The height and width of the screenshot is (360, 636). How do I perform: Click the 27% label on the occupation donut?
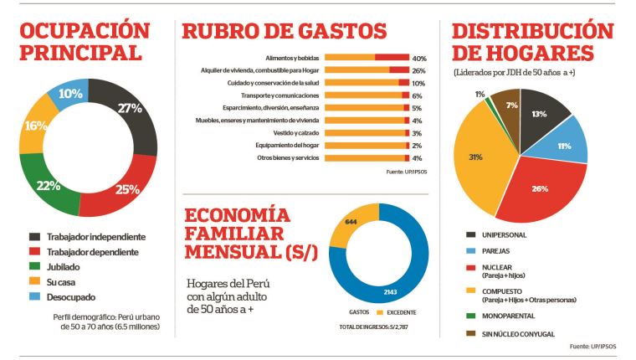(130, 108)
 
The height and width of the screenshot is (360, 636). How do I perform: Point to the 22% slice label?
(48, 185)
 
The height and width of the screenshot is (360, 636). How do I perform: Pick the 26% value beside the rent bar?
(418, 70)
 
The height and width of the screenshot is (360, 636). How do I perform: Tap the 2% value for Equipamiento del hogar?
(417, 146)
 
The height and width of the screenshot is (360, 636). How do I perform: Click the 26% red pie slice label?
(539, 188)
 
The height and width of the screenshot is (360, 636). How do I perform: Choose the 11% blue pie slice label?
(565, 146)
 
